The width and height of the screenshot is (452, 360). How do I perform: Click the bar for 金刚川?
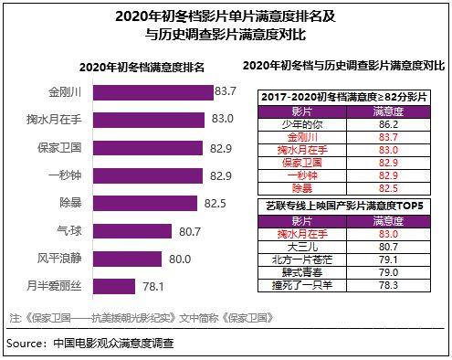tap(152, 92)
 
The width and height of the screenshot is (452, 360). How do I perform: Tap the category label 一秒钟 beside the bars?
tap(73, 175)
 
